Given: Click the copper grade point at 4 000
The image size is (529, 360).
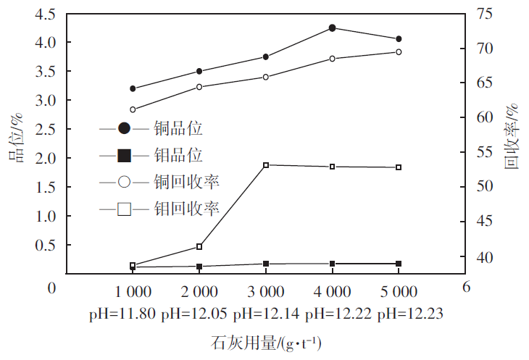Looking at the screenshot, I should pos(332,28).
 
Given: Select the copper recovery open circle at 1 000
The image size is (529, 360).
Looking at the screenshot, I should pos(133,109).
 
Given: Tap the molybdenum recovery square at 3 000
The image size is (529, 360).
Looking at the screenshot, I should pos(266,165).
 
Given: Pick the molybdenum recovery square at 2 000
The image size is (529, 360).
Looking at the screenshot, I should pos(199,247).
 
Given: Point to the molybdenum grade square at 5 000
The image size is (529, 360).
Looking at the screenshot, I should pos(399,264).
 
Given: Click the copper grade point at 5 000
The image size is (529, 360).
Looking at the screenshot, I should pos(399,38).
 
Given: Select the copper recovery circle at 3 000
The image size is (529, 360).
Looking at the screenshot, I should pos(266,77).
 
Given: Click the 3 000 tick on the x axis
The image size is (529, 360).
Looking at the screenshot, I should pos(266,293).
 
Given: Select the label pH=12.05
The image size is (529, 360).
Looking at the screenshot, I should pos(193,314).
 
